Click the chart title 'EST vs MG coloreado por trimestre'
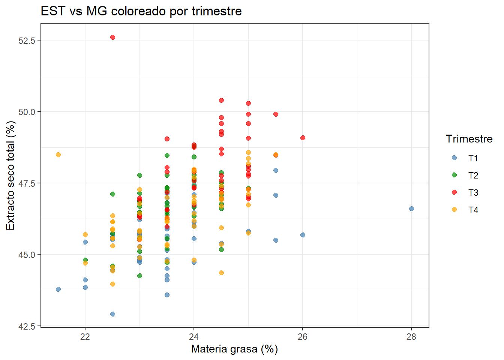click(141, 11)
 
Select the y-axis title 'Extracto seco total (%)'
click(10, 175)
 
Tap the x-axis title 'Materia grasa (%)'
click(234, 349)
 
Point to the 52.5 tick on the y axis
click(27, 40)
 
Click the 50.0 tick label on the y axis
click(27, 112)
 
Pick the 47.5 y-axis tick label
click(27, 183)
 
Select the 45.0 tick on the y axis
click(27, 255)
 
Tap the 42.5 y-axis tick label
click(27, 326)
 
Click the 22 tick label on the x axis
click(85, 337)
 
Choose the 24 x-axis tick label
click(194, 337)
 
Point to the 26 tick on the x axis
click(303, 337)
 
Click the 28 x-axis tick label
click(411, 337)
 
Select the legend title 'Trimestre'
click(469, 139)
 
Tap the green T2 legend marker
click(454, 175)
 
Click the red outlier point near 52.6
click(112, 37)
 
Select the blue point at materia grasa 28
click(411, 208)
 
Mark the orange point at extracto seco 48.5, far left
click(58, 154)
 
